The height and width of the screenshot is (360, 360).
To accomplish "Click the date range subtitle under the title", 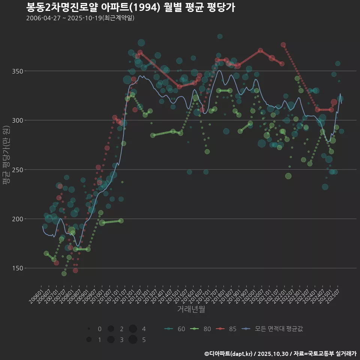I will pos(80,18).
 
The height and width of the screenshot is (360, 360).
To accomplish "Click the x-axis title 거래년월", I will pos(191,309).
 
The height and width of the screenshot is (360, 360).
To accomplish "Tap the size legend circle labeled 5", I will pos(133,340).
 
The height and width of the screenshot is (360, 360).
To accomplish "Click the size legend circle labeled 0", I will pos(89,329).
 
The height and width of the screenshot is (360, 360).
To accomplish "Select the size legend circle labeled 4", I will pos(133,329).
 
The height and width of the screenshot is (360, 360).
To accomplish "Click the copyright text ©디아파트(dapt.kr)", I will pos(229,354).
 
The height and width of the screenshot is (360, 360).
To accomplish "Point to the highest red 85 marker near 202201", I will pos(283,45).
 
